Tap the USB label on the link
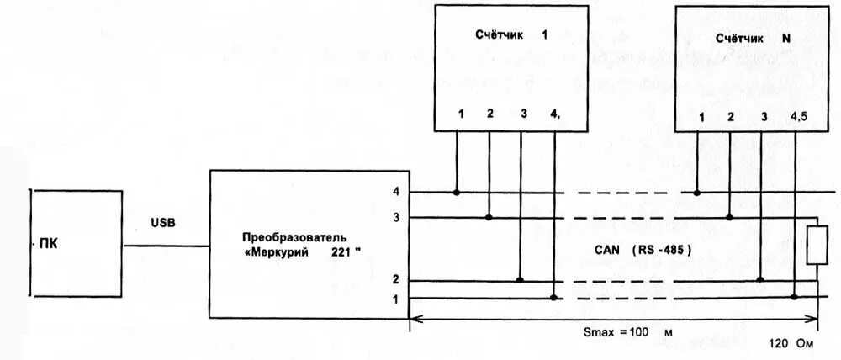164,223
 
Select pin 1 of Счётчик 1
460,114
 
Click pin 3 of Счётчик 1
523,114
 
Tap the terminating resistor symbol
813,246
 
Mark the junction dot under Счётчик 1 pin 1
457,193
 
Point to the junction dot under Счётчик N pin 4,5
795,297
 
